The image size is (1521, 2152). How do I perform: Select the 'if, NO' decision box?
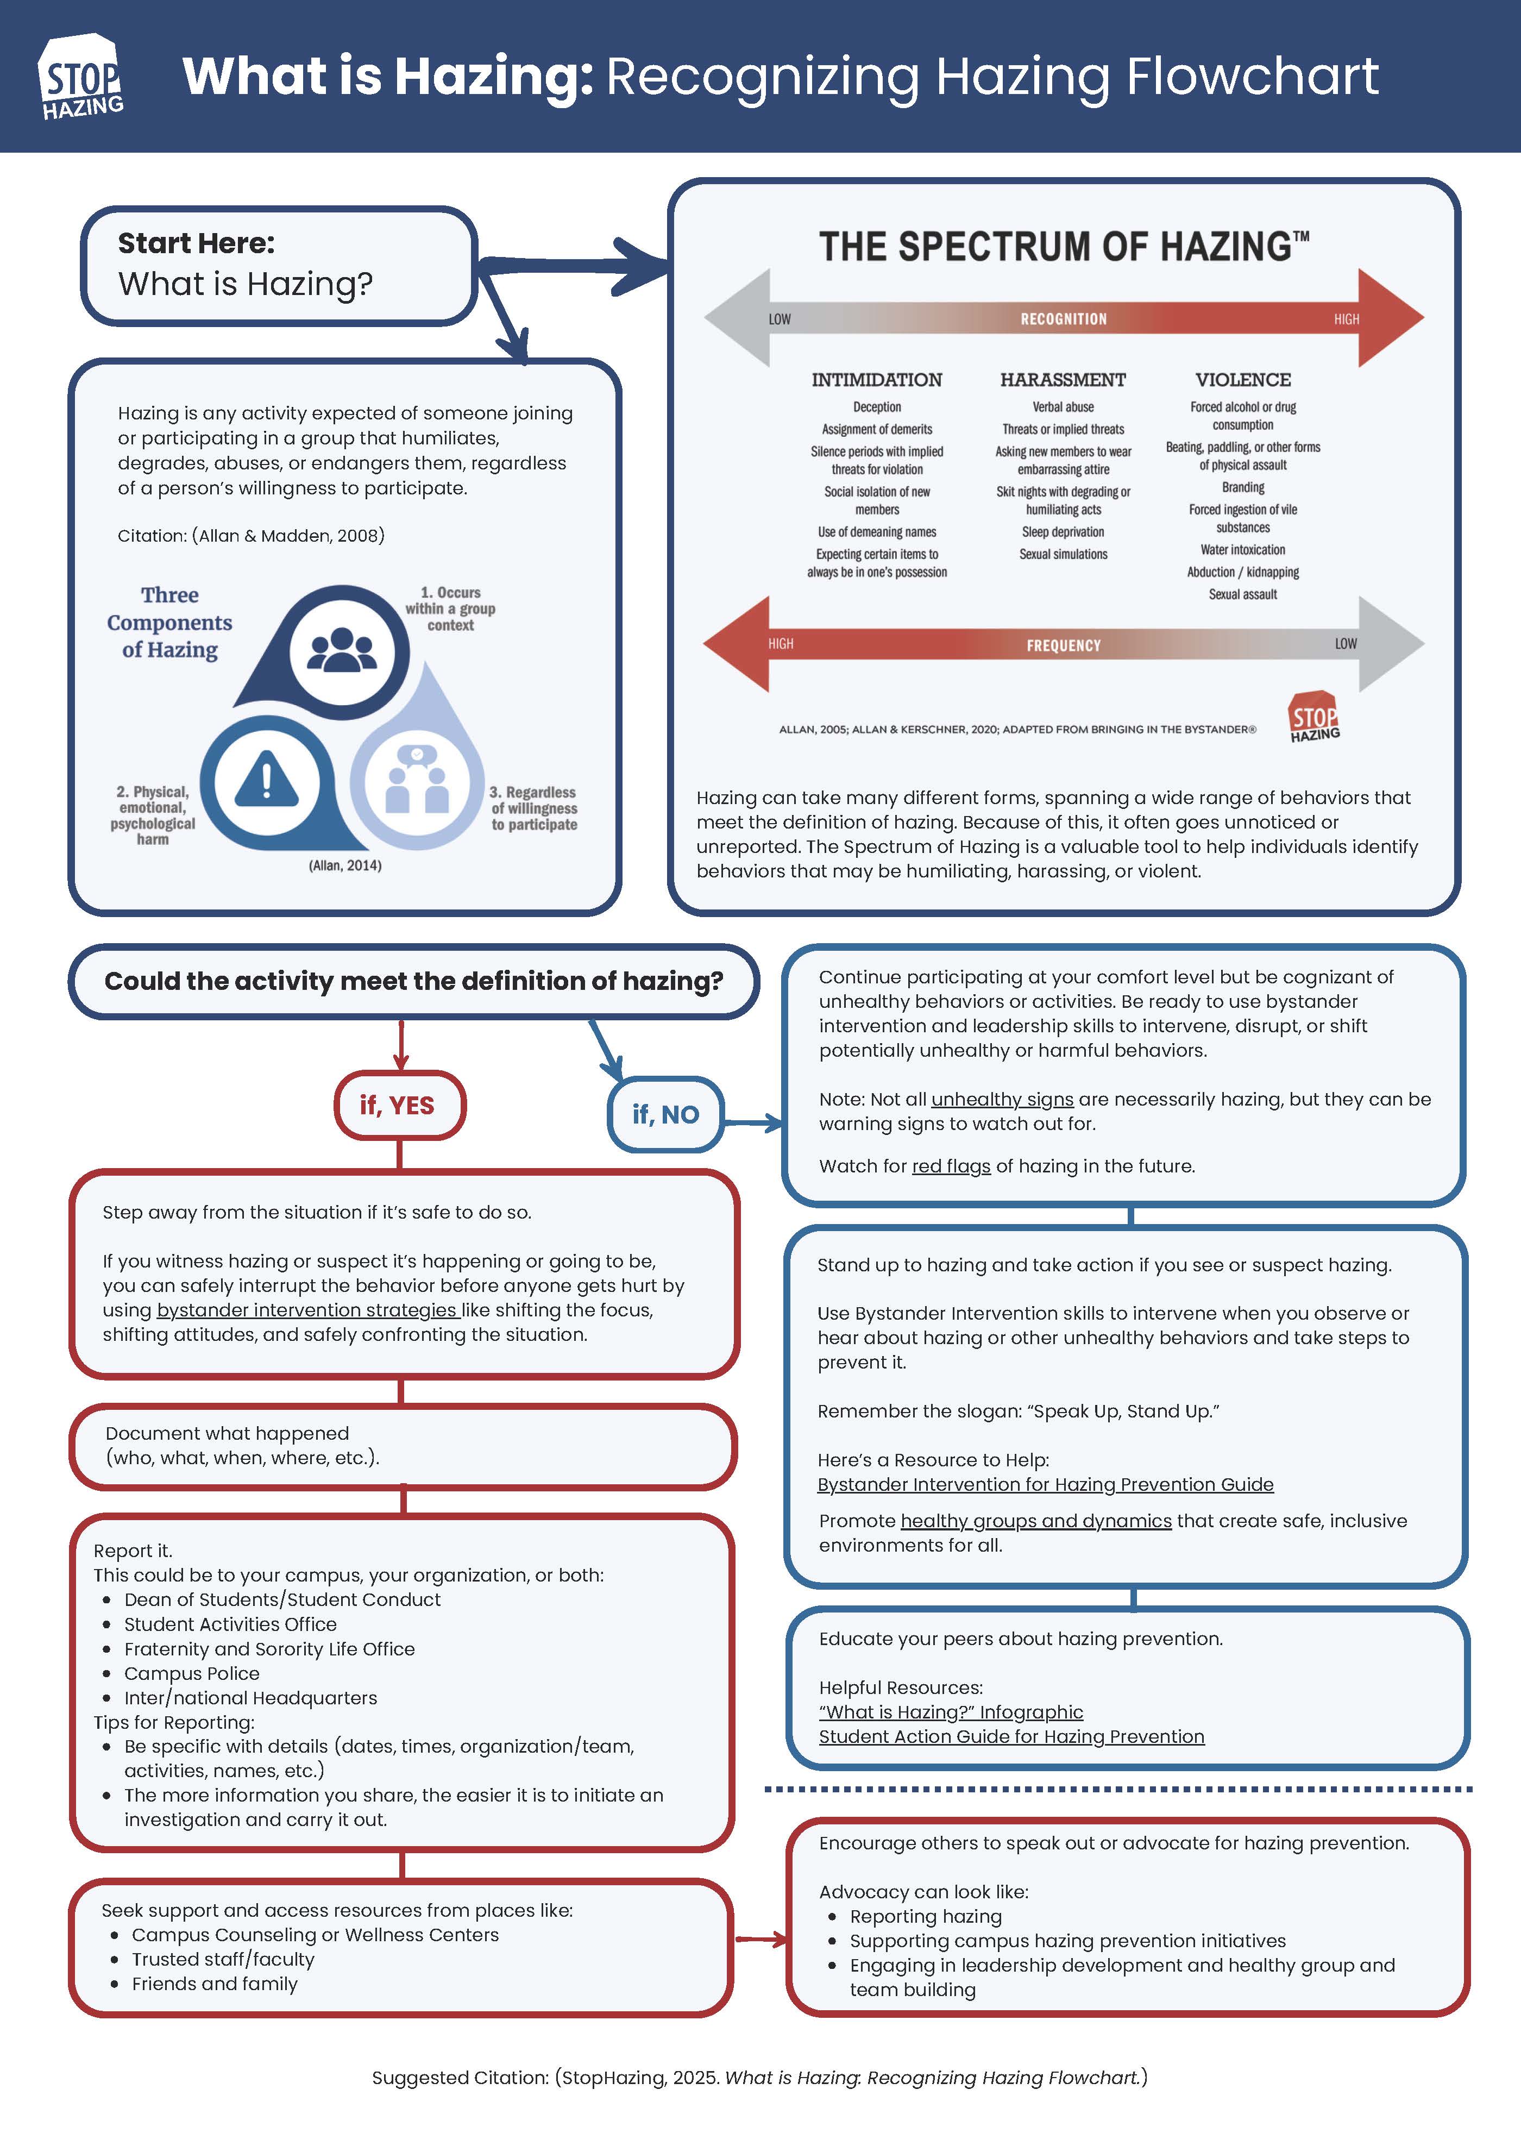click(665, 1114)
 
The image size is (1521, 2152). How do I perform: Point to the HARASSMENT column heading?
click(1063, 380)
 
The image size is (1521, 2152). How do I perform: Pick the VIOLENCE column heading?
click(1243, 380)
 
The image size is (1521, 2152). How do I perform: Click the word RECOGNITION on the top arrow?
click(1064, 319)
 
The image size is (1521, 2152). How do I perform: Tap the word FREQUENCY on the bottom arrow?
click(1064, 645)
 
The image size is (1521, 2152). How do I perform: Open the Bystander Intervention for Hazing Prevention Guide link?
click(1045, 1484)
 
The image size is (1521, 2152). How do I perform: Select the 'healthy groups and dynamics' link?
click(1035, 1520)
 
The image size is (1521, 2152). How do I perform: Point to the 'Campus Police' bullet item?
click(192, 1673)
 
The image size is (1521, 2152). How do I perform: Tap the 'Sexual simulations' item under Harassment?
click(1063, 554)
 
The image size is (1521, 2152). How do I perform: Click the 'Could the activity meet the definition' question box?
click(413, 981)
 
